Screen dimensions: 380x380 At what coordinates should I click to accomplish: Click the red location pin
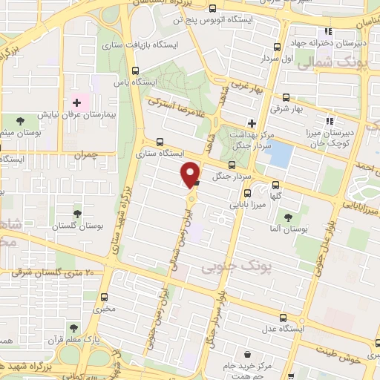click(191, 173)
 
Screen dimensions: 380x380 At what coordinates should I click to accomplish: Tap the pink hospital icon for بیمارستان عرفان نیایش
click(76, 101)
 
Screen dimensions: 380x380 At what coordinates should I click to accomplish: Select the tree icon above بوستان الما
click(288, 217)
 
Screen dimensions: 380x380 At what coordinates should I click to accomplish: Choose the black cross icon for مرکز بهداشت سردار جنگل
click(252, 123)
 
